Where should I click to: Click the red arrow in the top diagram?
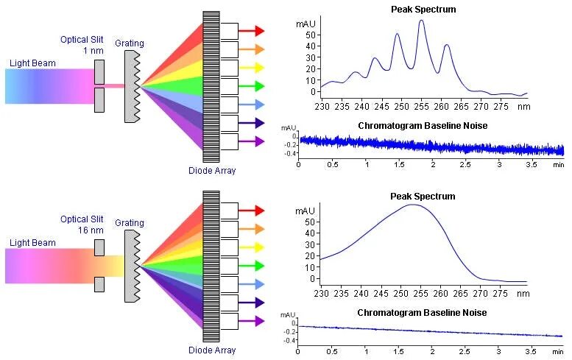coord(250,31)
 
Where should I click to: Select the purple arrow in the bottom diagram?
coord(250,321)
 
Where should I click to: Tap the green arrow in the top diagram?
coord(250,86)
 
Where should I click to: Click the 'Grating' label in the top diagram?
coord(130,43)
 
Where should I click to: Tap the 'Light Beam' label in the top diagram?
coord(32,63)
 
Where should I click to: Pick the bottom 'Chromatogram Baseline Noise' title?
coord(422,313)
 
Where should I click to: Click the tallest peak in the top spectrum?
coord(421,21)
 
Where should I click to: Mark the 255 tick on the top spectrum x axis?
coord(421,105)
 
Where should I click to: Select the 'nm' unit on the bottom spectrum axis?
coord(523,294)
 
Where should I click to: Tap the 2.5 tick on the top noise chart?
coord(467,164)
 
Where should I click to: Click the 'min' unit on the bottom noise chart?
coord(558,351)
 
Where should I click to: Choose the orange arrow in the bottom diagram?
coord(250,229)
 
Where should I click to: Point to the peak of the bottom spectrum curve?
coord(414,205)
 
